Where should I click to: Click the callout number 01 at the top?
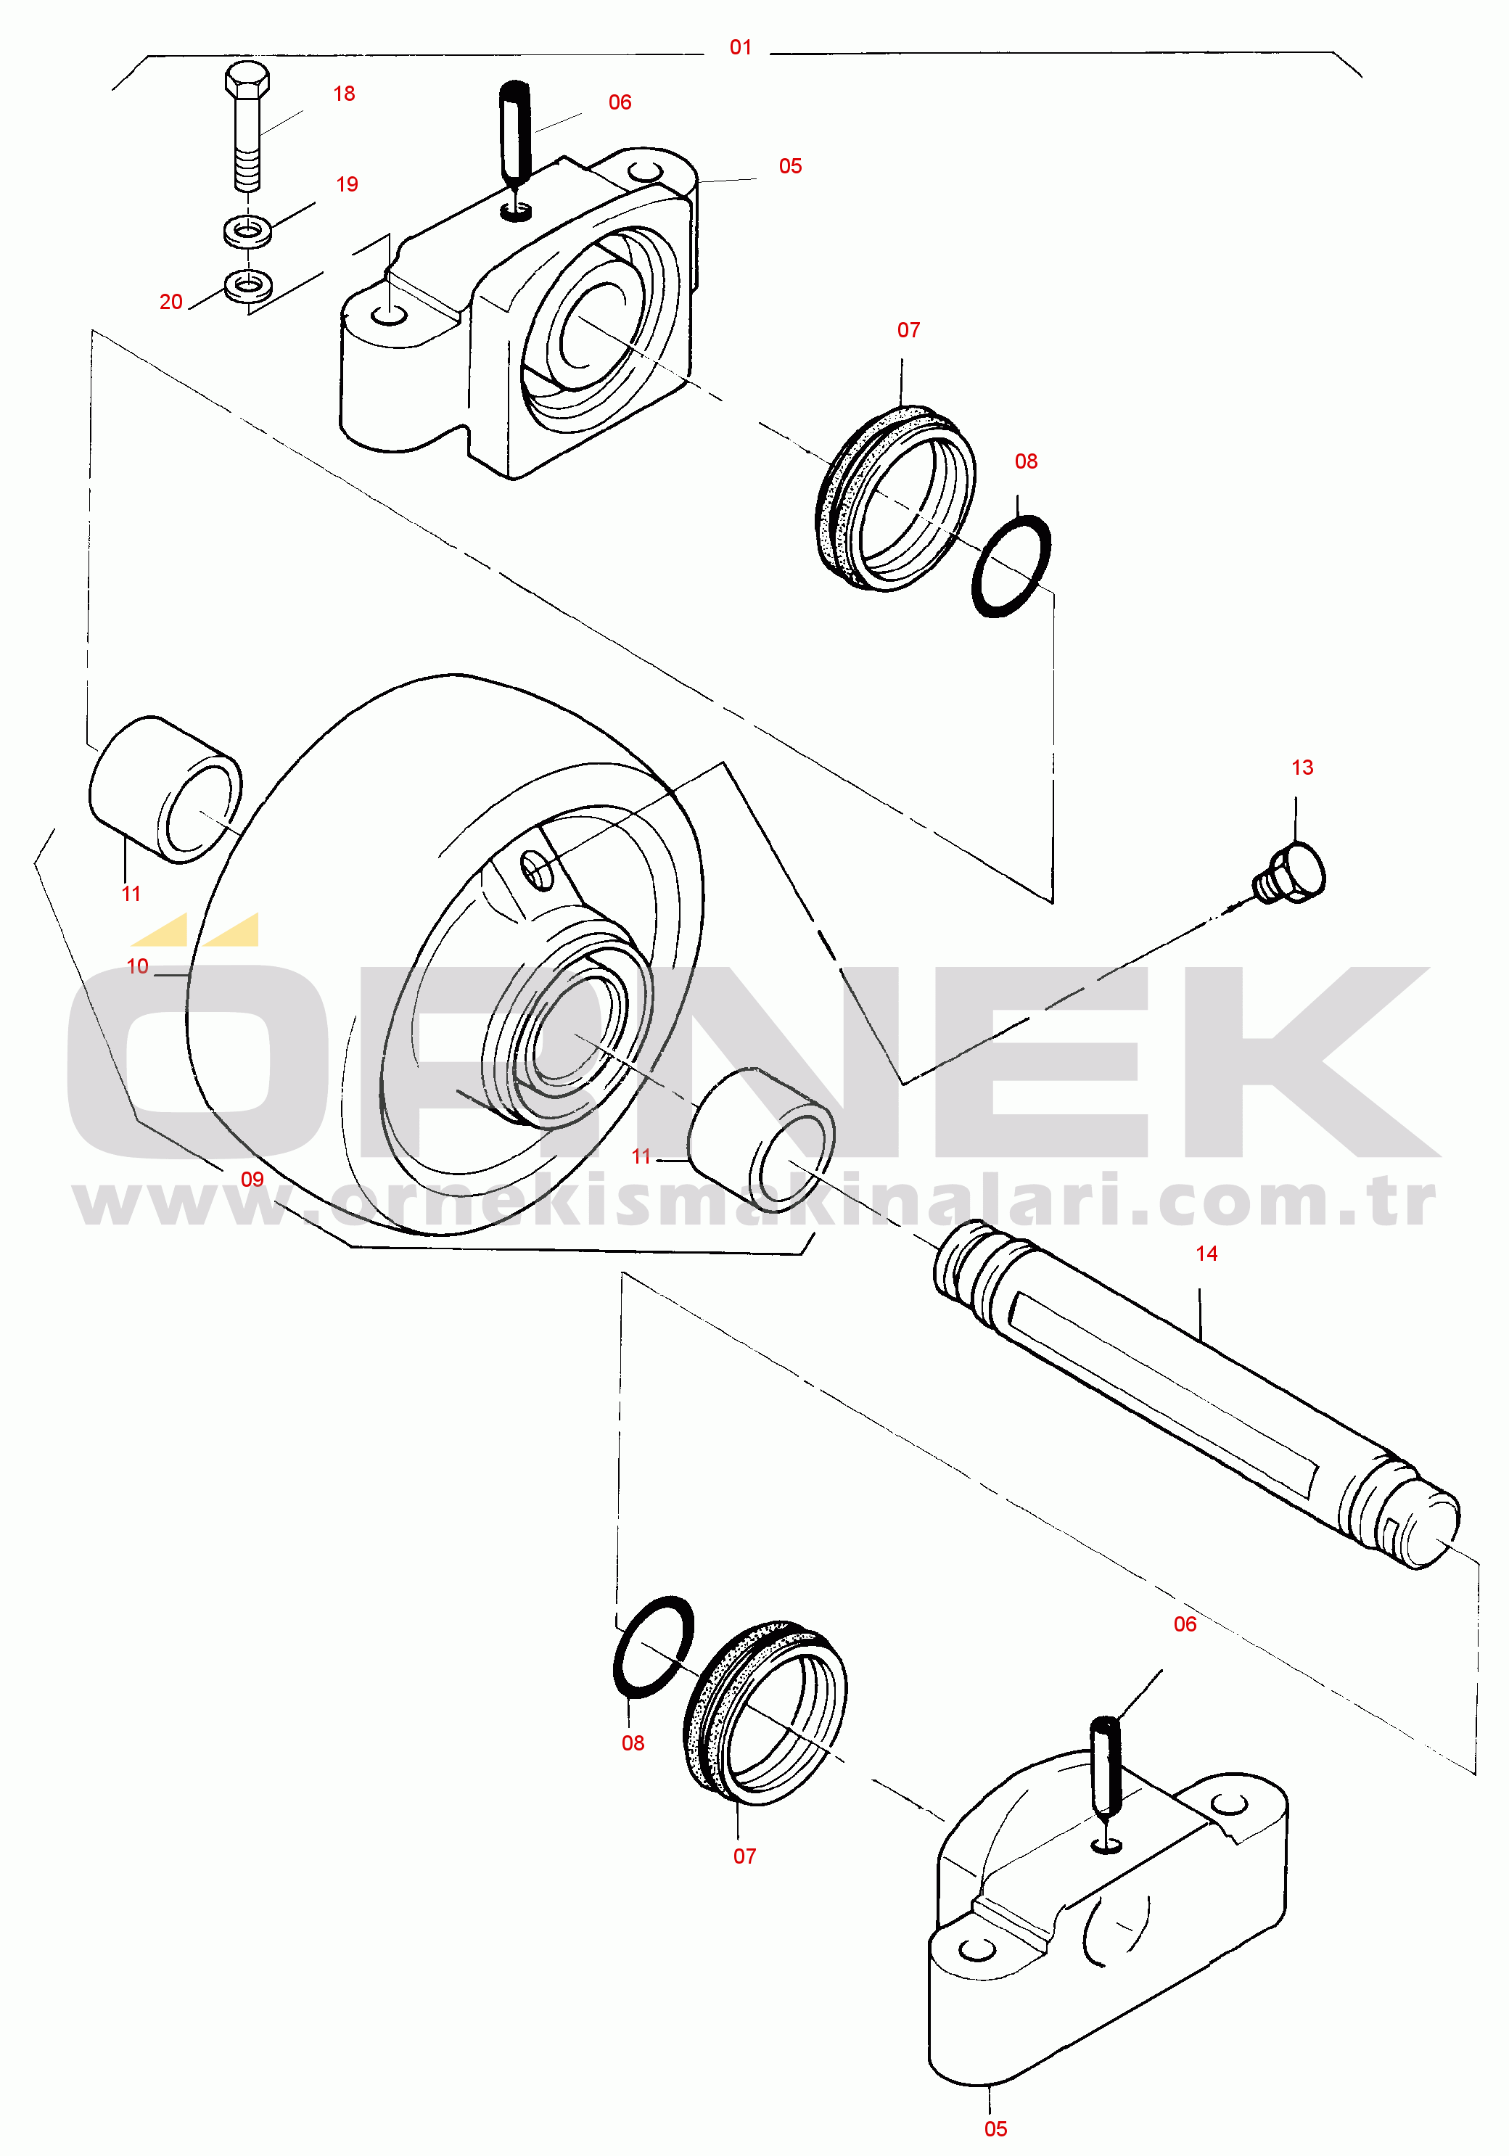point(740,47)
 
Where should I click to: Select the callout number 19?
point(347,184)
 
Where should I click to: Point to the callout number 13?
point(1302,768)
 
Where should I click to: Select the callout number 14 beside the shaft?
point(1206,1253)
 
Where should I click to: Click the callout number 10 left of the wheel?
point(137,966)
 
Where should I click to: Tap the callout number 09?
point(252,1179)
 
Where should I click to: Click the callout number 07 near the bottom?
point(744,1856)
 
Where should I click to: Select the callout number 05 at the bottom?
point(995,2128)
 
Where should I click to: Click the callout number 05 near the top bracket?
point(790,166)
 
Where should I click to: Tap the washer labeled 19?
point(248,229)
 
